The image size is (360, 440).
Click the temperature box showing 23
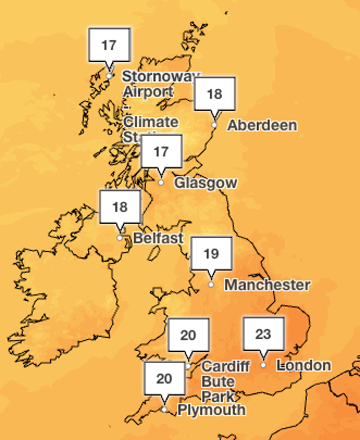[263, 334]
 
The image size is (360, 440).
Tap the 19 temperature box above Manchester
[211, 254]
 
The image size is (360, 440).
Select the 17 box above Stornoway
[109, 45]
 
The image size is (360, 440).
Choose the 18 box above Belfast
[120, 207]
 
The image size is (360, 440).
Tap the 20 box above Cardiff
[188, 335]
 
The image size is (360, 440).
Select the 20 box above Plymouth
[164, 378]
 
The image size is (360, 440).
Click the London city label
[305, 366]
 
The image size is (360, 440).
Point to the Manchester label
[267, 285]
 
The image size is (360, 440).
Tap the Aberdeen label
[262, 125]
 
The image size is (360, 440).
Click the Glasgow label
[205, 183]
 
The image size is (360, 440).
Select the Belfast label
[158, 238]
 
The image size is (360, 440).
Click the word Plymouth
[211, 410]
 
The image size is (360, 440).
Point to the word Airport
[148, 92]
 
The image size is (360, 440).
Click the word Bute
[218, 382]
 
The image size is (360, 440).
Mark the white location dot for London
[263, 365]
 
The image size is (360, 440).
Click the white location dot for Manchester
[211, 285]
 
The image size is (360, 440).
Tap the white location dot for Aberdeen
[214, 125]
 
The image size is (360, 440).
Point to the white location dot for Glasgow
[161, 183]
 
